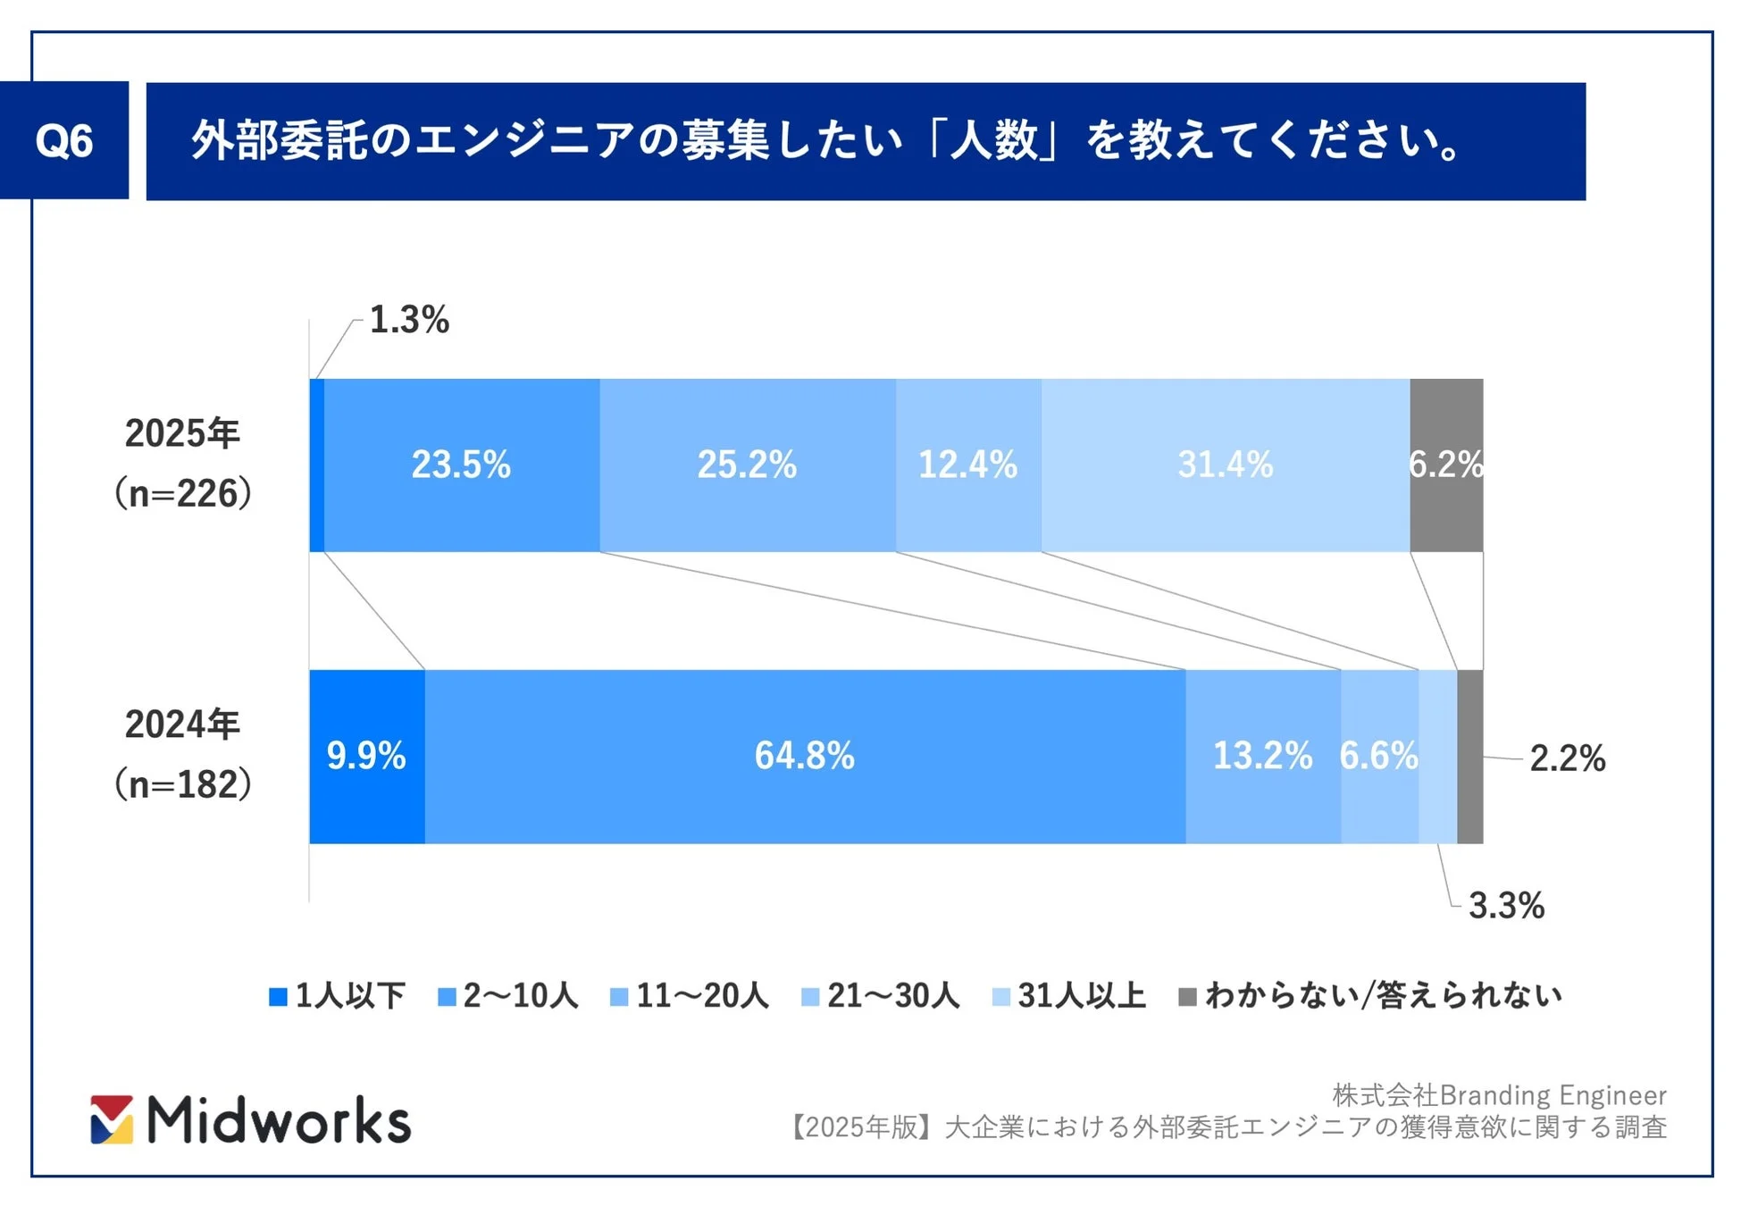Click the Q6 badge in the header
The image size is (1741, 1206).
coord(63,140)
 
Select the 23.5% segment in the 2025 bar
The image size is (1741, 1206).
coord(461,465)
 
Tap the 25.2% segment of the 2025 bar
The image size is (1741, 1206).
coord(747,465)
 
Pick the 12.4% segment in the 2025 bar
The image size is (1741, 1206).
coord(967,465)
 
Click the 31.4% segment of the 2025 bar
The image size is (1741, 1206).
coord(1225,465)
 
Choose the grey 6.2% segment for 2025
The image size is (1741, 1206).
coord(1446,465)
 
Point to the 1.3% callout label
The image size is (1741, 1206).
coord(409,320)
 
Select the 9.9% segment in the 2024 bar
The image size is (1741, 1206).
coord(366,756)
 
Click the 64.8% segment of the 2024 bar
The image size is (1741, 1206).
coord(804,756)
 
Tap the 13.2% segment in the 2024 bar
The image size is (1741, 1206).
coord(1262,756)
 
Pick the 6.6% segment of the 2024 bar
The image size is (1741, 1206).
coord(1378,756)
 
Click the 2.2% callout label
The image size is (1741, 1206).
coord(1567,758)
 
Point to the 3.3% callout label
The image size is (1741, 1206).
coord(1506,906)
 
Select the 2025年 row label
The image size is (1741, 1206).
coord(182,434)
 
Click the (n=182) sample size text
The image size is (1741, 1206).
coord(182,784)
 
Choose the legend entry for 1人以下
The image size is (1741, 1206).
coord(338,996)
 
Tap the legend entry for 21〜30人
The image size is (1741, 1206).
coord(881,996)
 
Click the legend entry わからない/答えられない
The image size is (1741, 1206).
coord(1371,996)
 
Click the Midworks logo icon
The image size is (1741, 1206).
coord(112,1119)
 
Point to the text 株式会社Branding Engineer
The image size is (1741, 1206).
coord(1499,1095)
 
